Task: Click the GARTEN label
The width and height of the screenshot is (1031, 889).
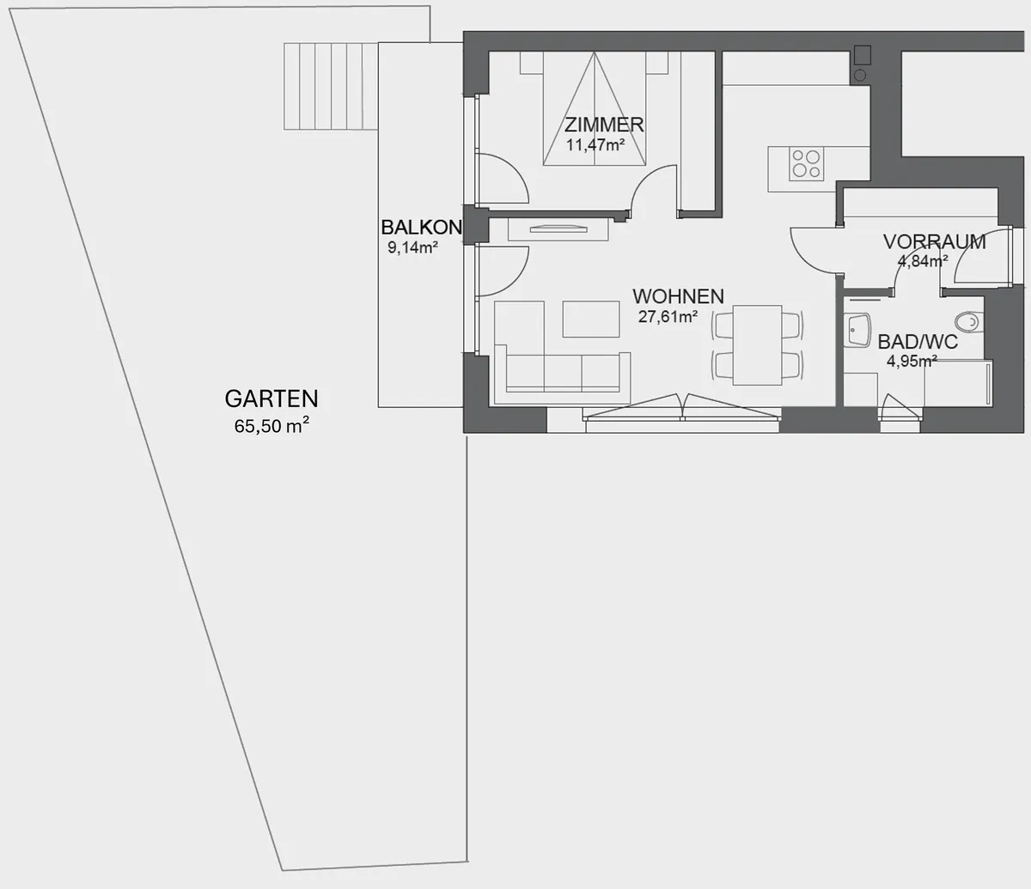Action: coord(271,399)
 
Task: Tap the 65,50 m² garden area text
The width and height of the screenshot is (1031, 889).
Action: coord(271,425)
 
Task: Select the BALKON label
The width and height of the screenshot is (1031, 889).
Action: coord(422,228)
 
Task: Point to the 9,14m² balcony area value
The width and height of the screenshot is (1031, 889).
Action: coord(413,247)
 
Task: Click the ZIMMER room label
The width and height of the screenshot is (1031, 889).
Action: coord(604,125)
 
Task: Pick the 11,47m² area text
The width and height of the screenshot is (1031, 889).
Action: coord(595,145)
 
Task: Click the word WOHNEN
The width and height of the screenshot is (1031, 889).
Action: coord(679,296)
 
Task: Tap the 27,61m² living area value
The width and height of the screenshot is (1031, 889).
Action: coord(668,316)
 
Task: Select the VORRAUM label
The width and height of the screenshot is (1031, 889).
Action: coord(934,242)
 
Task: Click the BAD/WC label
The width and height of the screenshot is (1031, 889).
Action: coord(918,342)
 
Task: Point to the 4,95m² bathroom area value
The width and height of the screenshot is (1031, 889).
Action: coord(912,361)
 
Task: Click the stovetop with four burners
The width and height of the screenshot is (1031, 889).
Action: coord(807,164)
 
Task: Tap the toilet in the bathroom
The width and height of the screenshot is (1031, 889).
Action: coord(969,321)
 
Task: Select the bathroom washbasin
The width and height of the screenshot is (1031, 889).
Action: coord(857,330)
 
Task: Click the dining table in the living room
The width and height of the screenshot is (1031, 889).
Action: coord(757,345)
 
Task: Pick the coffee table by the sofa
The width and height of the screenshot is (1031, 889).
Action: coord(591,320)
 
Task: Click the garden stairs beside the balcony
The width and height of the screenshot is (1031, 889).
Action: coord(331,86)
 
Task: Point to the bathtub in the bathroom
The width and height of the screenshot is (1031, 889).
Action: coord(958,383)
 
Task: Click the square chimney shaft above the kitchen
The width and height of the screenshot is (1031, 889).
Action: coord(863,55)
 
